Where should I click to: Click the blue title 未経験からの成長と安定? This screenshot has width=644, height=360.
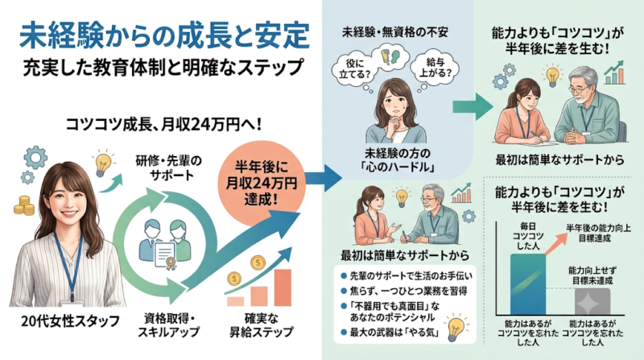click(x=164, y=35)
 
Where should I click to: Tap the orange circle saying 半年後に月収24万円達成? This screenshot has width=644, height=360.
click(x=261, y=184)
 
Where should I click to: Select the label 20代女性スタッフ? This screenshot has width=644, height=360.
click(x=70, y=321)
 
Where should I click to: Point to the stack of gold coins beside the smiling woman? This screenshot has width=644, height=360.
click(x=24, y=205)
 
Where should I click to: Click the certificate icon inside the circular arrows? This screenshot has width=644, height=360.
click(x=165, y=254)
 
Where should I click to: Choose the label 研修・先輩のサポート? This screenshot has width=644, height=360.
click(x=169, y=168)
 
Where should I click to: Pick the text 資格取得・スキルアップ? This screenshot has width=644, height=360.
click(x=168, y=325)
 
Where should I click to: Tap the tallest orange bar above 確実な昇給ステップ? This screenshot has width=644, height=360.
click(x=283, y=288)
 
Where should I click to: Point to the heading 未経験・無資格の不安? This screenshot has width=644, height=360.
click(x=394, y=31)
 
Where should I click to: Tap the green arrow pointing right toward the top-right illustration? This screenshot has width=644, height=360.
click(x=473, y=106)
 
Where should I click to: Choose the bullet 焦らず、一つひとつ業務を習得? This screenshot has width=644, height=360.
click(x=404, y=291)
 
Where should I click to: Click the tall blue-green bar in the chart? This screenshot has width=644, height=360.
click(x=528, y=284)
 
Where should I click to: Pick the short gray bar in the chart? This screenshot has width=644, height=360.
click(x=592, y=302)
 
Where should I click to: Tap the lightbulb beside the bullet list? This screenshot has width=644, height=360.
click(x=456, y=328)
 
